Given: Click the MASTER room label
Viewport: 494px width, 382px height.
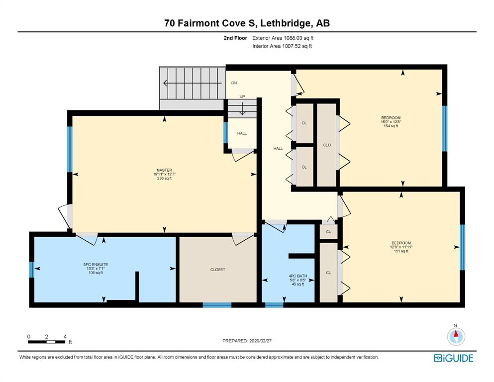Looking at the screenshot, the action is point(164,170).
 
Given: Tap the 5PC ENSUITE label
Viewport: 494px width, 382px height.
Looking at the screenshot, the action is point(96,265).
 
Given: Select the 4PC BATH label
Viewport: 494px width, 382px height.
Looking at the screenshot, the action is point(297,276).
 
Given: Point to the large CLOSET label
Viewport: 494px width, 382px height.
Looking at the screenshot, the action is point(218,270).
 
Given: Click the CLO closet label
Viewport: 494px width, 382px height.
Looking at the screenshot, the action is point(327,145).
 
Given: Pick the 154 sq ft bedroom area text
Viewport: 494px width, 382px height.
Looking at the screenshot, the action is point(391,126).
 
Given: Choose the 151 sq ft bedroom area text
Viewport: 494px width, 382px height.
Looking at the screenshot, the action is point(401,251).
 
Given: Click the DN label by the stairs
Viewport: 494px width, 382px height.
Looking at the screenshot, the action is point(234,83).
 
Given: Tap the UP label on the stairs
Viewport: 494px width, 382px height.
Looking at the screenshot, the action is point(242,96).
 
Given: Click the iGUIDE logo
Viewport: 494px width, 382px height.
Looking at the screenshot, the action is point(453,358).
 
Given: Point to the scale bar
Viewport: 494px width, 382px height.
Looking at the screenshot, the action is point(47,342).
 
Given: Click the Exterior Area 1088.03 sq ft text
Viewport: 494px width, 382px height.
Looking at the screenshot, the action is point(283,38).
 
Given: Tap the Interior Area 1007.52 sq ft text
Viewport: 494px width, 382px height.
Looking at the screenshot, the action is point(282,46).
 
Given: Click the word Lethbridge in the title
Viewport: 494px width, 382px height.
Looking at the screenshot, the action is point(286,23).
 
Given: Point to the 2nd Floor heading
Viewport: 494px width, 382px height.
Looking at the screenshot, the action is point(235,38).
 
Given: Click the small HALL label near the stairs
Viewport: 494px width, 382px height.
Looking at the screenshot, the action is point(242,133).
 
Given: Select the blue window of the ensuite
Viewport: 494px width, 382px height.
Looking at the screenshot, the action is point(31,270).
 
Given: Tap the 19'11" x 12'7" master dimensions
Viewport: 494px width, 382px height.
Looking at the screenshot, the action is point(164,174).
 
